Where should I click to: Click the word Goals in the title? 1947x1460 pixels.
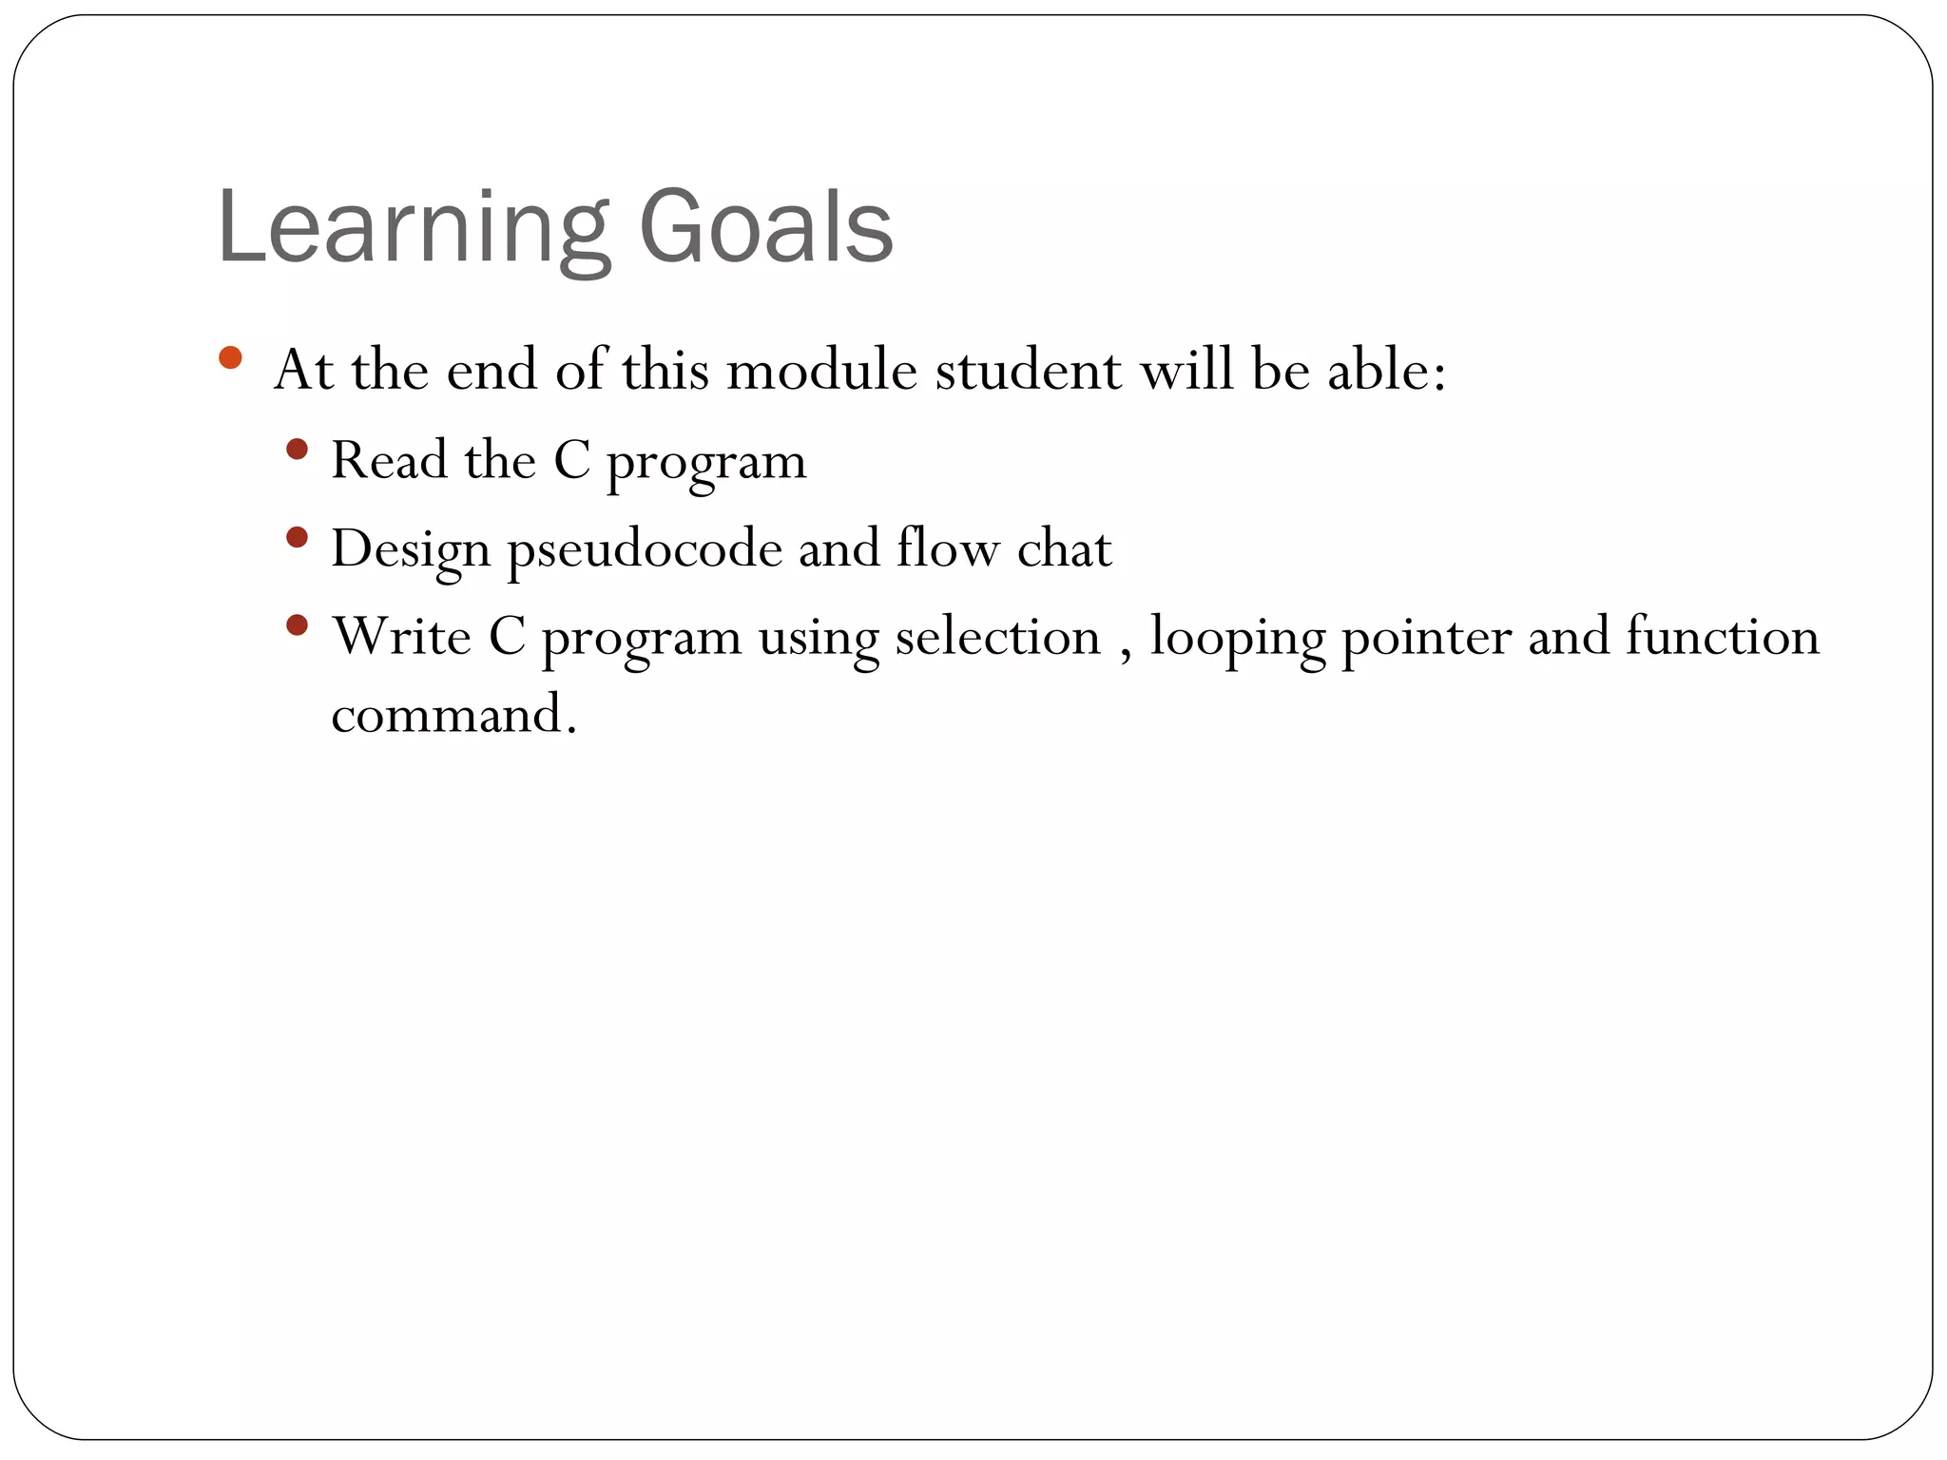click(x=766, y=228)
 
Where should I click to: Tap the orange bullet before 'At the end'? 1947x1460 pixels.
click(x=230, y=357)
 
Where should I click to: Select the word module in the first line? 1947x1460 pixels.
click(x=821, y=370)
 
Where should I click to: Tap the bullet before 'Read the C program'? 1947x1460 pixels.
click(x=297, y=449)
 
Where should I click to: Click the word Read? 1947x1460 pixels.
click(x=389, y=460)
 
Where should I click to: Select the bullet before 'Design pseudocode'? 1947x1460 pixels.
click(x=297, y=537)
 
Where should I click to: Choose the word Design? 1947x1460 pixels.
click(x=410, y=550)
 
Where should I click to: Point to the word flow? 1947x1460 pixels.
click(x=948, y=548)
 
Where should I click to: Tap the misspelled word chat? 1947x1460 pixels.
click(x=1064, y=548)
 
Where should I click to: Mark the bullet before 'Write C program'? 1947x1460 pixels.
click(x=297, y=624)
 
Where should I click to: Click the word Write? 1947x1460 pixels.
click(x=400, y=636)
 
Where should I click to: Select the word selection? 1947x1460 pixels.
click(x=997, y=636)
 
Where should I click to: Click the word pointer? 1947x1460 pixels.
click(x=1425, y=636)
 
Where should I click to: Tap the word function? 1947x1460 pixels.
click(x=1722, y=636)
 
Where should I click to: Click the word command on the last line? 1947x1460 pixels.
click(x=447, y=715)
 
